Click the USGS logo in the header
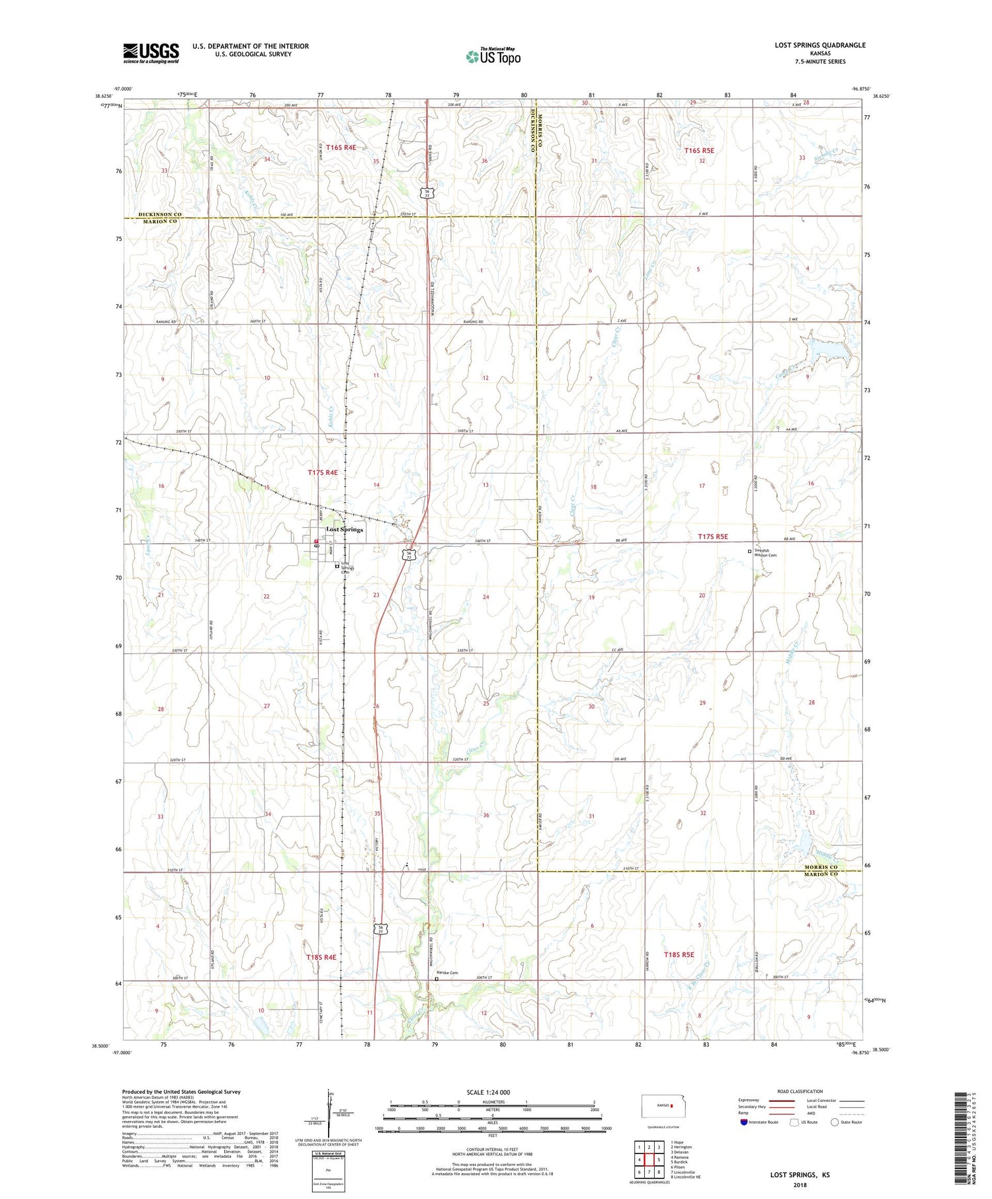point(151,52)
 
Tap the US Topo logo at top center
point(492,56)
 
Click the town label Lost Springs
point(344,530)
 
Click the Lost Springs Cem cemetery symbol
point(337,566)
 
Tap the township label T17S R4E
point(323,472)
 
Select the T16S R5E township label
point(699,150)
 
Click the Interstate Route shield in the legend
point(743,1122)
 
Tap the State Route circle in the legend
point(835,1122)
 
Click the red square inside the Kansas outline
point(671,1106)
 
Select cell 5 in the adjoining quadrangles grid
point(659,1159)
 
